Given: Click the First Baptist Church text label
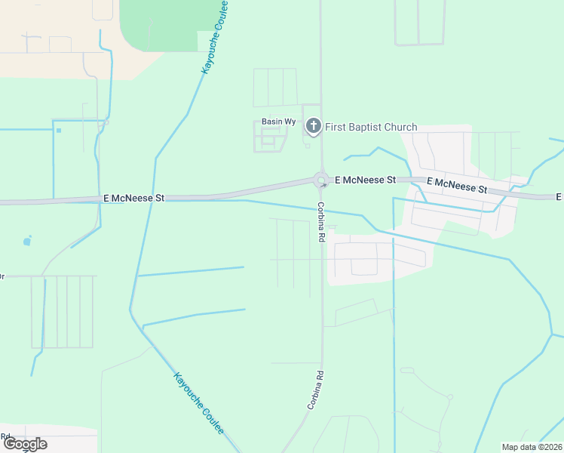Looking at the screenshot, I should [371, 127].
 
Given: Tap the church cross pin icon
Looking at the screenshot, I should [314, 127].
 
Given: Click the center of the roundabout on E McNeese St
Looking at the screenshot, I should [321, 180].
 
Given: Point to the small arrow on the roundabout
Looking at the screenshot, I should [324, 185].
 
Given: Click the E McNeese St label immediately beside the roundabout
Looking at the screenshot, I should [366, 180].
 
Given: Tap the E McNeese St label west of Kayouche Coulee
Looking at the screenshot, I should [133, 198].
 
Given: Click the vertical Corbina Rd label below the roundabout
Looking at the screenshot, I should [320, 221].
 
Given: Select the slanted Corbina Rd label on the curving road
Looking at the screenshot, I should [315, 390].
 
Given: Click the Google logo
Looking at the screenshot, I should [25, 444].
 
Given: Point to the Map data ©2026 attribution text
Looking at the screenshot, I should [532, 447].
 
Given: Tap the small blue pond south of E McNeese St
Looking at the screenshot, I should [28, 242].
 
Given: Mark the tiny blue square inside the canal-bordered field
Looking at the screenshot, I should [58, 130].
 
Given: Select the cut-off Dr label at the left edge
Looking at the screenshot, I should [2, 276].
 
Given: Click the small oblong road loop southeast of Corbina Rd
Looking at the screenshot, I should [407, 370].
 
